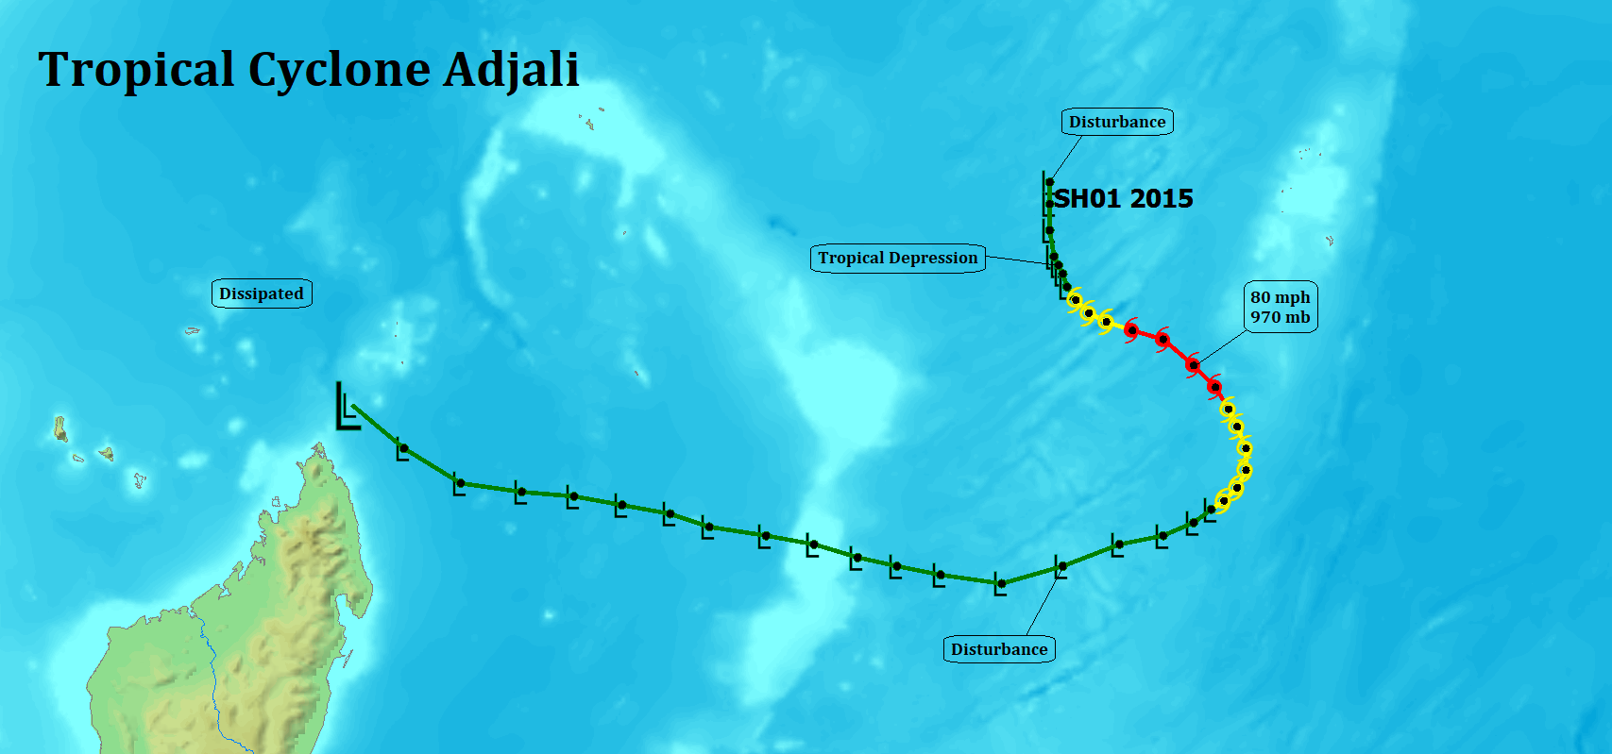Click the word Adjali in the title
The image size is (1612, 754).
coord(510,70)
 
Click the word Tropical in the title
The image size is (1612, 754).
coord(136,71)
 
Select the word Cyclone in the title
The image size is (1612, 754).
coord(338,71)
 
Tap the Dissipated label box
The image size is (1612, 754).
coord(262,293)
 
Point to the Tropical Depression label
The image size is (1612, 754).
coord(897,259)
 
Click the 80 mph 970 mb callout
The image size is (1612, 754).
coord(1281,308)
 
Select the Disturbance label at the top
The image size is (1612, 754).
coord(1117,122)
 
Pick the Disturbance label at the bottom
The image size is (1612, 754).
coord(999,649)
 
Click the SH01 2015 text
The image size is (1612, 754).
coord(1124,198)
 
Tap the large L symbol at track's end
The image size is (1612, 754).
coord(348,408)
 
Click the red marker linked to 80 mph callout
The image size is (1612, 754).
coord(1193,365)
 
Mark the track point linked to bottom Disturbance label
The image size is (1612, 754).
coord(1062,567)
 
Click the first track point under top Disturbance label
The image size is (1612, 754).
coord(1049,182)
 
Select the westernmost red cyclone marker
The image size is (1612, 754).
coord(1131,330)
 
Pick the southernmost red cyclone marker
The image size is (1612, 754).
coord(1214,387)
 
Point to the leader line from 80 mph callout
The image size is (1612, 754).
coord(1222,347)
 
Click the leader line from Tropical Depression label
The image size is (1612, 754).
coord(1017,260)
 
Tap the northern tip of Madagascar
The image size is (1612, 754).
coord(319,446)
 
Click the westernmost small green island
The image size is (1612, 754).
coord(60,428)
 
